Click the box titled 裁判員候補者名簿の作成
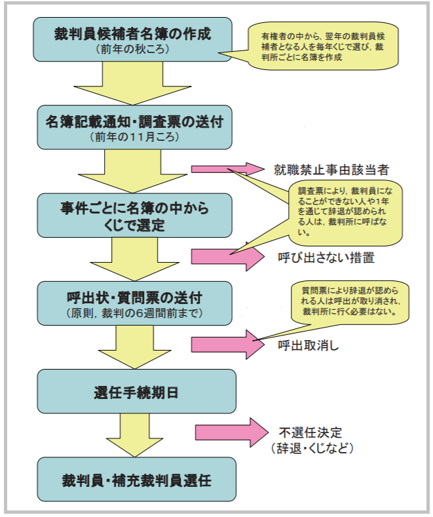pos(134,39)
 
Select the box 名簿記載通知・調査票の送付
pos(134,126)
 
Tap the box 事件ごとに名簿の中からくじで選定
pos(134,216)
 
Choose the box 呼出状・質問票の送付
pos(134,303)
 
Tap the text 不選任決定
pos(311,433)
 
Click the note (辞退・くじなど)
pos(312,449)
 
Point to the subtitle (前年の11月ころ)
pos(134,138)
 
